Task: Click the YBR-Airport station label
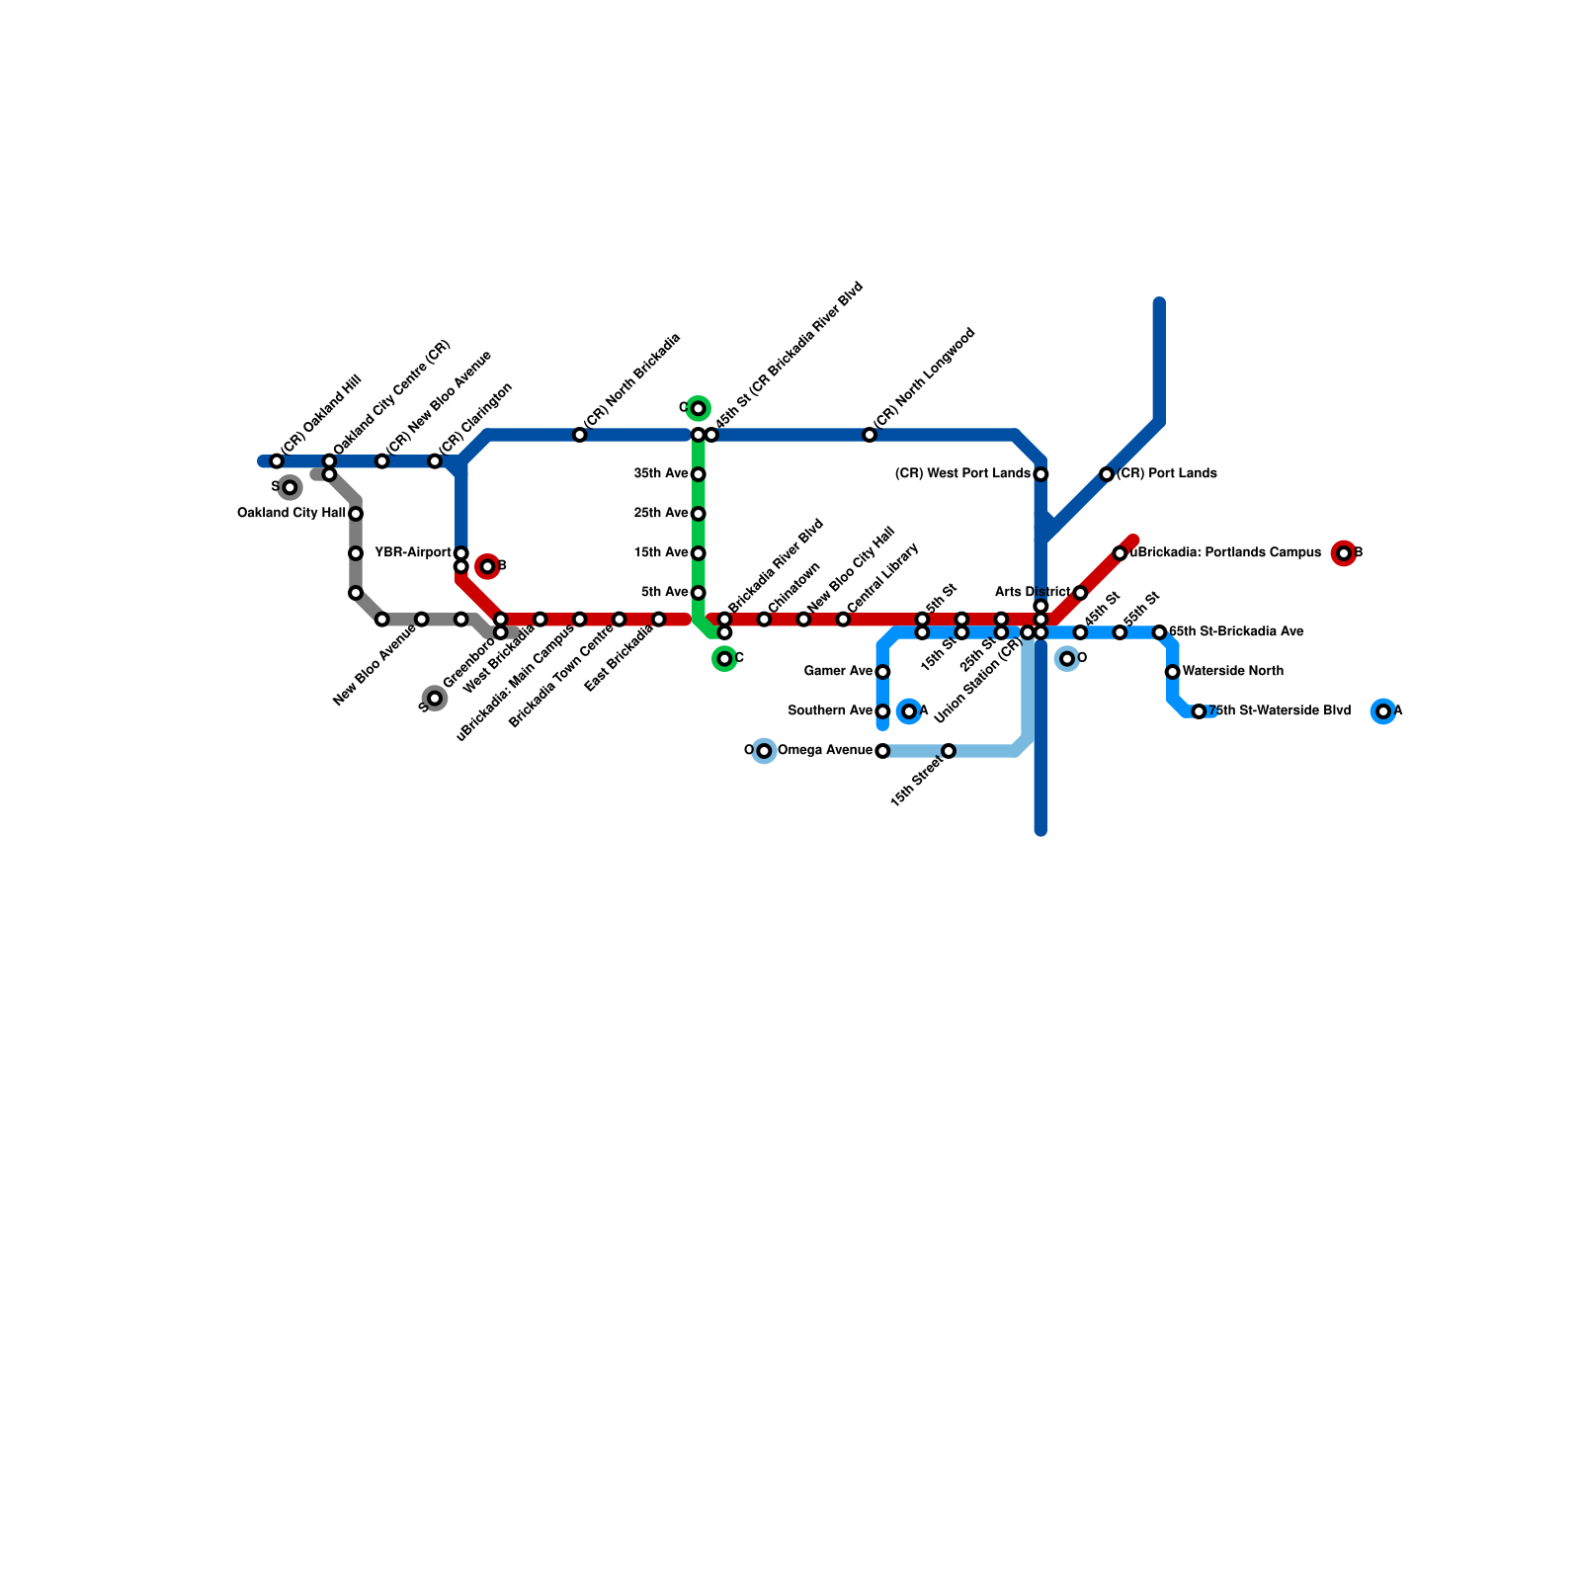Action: pyautogui.click(x=413, y=552)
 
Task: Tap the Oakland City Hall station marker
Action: pyautogui.click(x=356, y=514)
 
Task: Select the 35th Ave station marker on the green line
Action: pyautogui.click(x=699, y=474)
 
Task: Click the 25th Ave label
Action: pyautogui.click(x=661, y=513)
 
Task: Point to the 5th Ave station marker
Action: pyautogui.click(x=699, y=593)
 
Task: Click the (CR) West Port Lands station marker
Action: pyautogui.click(x=1040, y=474)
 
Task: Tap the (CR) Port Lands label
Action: pyautogui.click(x=1167, y=473)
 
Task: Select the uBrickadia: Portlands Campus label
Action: pyautogui.click(x=1225, y=552)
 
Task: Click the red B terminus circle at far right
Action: pyautogui.click(x=1343, y=553)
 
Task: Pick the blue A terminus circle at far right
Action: pyautogui.click(x=1383, y=711)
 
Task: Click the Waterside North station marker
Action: pyautogui.click(x=1172, y=672)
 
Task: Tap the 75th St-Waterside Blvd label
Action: pyautogui.click(x=1280, y=710)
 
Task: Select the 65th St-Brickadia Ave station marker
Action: pyautogui.click(x=1159, y=632)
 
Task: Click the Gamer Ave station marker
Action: pyautogui.click(x=882, y=672)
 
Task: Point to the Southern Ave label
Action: pyautogui.click(x=830, y=710)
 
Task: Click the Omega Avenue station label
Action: pyautogui.click(x=825, y=750)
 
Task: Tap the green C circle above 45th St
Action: pyautogui.click(x=699, y=408)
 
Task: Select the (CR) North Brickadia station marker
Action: pyautogui.click(x=580, y=435)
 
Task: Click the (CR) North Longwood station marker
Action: pyautogui.click(x=870, y=435)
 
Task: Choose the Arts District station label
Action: pyautogui.click(x=1032, y=592)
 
